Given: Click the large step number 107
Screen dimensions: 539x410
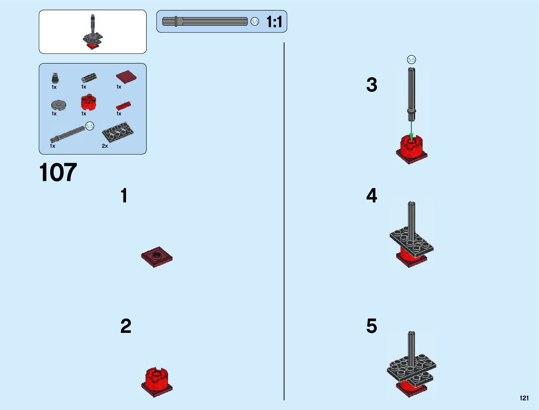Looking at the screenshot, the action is (58, 173).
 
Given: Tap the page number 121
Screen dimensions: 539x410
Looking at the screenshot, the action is (524, 398).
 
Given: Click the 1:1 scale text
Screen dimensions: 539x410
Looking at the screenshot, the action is (274, 22).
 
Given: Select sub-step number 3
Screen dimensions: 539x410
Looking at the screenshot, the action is (372, 85).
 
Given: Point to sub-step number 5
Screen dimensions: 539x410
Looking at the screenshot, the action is (372, 326).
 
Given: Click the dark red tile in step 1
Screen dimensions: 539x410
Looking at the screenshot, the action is (157, 257).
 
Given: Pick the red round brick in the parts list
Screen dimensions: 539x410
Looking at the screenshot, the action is (88, 102).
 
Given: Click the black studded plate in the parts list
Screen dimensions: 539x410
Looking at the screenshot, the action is (117, 132).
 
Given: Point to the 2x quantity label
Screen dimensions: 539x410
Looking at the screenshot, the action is (105, 146).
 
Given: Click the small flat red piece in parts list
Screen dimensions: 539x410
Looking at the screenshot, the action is (123, 105).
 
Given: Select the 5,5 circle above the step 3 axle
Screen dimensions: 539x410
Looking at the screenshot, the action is (411, 60).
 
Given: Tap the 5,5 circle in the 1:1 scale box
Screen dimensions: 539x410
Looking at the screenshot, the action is (255, 22).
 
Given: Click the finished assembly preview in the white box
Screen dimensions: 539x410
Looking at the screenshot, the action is (93, 32).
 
